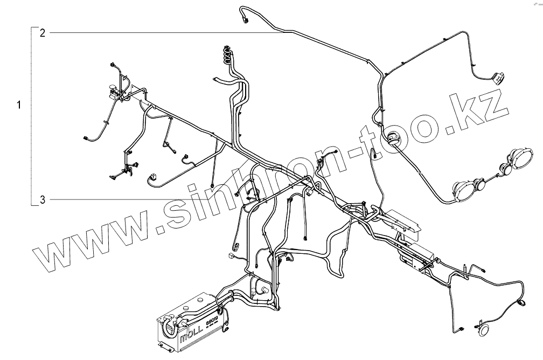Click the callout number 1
19,105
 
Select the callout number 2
43,33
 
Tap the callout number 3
43,200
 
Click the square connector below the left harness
152,176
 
